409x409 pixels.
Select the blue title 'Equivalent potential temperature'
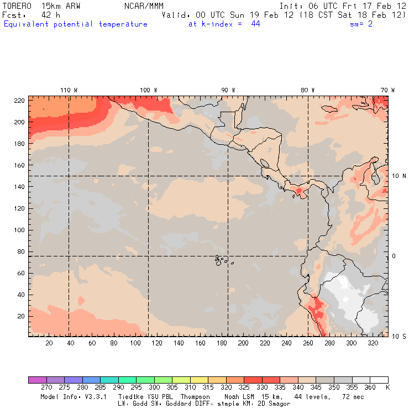pyautogui.click(x=76, y=24)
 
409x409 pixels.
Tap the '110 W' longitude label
pyautogui.click(x=69, y=90)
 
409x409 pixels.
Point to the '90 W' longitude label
pyautogui.click(x=228, y=90)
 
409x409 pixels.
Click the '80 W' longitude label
pyautogui.click(x=308, y=90)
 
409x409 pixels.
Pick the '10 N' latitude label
pyautogui.click(x=399, y=176)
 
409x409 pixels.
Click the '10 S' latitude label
pyautogui.click(x=399, y=336)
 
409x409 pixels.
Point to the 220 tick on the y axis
pyautogui.click(x=19, y=100)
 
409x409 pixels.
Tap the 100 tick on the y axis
pyautogui.click(x=19, y=230)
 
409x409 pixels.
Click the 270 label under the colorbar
pyautogui.click(x=46, y=388)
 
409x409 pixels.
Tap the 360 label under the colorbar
pyautogui.click(x=370, y=388)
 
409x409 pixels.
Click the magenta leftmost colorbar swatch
pyautogui.click(x=37, y=380)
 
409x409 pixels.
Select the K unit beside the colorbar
pyautogui.click(x=387, y=388)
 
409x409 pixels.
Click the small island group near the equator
pyautogui.click(x=221, y=259)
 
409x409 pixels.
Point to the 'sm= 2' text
pyautogui.click(x=361, y=24)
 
